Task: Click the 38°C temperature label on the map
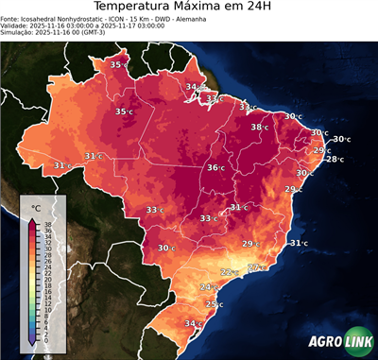[258, 127]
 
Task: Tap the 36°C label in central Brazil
[215, 167]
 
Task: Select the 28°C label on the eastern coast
[335, 159]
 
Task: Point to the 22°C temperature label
[229, 272]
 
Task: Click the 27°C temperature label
[255, 267]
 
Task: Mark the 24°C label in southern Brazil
[208, 286]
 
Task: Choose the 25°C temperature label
[214, 304]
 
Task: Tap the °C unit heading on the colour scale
[36, 207]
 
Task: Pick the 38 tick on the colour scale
[48, 223]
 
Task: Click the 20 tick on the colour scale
[48, 279]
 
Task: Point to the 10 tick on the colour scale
[48, 309]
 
